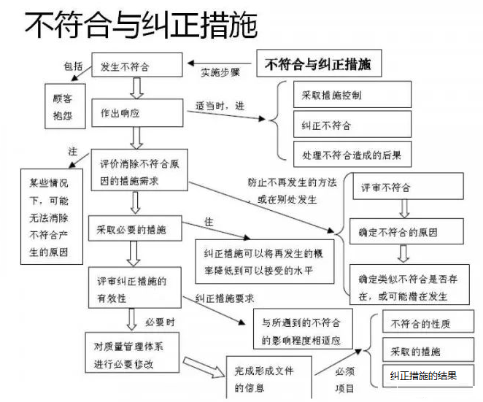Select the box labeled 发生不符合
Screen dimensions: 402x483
coord(136,67)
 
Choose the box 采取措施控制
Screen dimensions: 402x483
coord(352,95)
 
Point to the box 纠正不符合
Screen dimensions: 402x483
coord(352,125)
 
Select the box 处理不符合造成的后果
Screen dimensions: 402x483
coord(352,155)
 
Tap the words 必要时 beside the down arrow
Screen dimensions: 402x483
coord(159,321)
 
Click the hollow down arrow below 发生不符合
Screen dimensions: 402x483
coord(136,88)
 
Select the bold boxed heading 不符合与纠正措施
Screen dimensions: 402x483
coord(318,64)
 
